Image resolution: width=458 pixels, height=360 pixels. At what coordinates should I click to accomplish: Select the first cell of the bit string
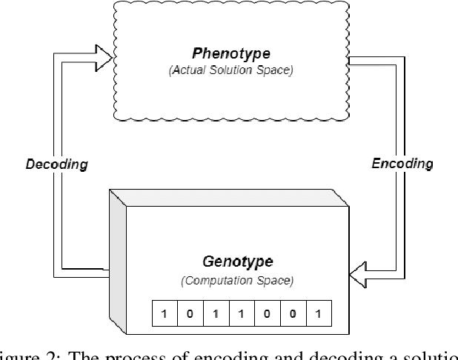pyautogui.click(x=163, y=313)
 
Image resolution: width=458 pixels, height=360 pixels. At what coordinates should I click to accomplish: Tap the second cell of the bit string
pyautogui.click(x=189, y=313)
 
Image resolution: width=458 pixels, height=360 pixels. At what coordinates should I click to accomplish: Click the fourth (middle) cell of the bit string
pyautogui.click(x=240, y=313)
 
